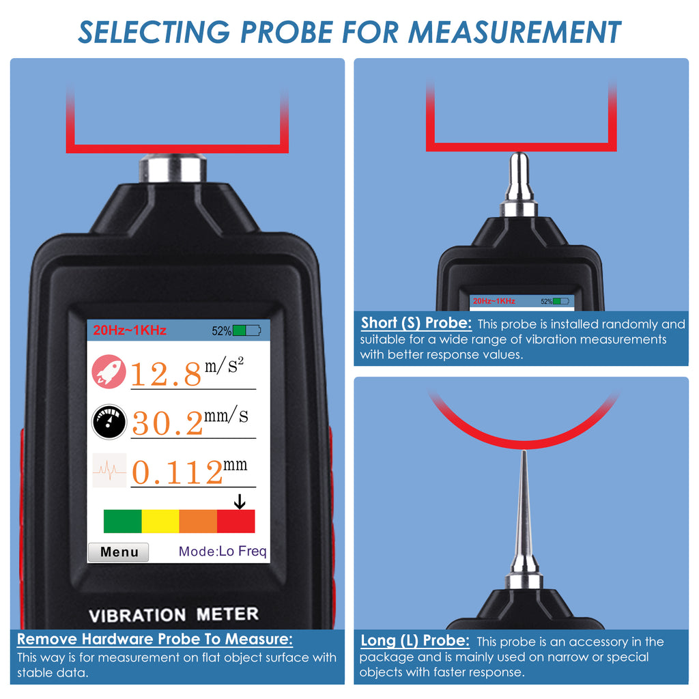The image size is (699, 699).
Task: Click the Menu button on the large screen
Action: click(119, 552)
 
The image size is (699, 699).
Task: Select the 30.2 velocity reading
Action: click(167, 423)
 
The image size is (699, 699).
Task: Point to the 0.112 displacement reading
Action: click(176, 472)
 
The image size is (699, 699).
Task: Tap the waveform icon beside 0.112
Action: click(109, 470)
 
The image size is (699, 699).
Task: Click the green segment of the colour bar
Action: click(122, 521)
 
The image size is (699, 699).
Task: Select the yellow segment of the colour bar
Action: click(160, 521)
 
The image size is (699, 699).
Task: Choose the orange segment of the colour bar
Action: click(198, 521)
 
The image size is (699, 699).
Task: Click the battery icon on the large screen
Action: click(246, 331)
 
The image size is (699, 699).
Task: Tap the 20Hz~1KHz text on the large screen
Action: click(130, 331)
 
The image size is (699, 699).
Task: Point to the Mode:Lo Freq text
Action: click(223, 552)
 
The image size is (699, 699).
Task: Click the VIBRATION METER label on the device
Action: click(174, 614)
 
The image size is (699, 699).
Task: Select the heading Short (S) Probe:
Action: click(416, 323)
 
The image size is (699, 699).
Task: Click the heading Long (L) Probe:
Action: click(415, 641)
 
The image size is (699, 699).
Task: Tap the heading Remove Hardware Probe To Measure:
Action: click(155, 640)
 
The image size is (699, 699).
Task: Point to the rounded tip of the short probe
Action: click(519, 158)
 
